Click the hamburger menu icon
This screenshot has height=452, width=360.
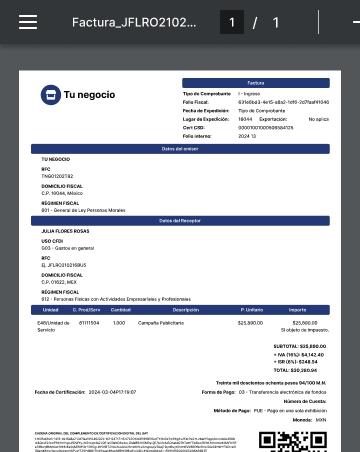(x=28, y=22)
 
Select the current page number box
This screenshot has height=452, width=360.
(x=232, y=22)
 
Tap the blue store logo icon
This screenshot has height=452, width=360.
(x=50, y=95)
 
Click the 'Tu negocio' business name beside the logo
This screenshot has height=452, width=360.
(x=89, y=95)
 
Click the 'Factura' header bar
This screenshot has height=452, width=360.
(x=255, y=82)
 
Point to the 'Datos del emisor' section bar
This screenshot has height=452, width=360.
(x=180, y=148)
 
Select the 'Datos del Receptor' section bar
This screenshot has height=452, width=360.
(x=180, y=220)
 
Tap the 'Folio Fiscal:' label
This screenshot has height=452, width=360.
(x=196, y=102)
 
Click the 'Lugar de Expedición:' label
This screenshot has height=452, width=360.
(x=205, y=118)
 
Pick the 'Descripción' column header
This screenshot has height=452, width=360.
(x=186, y=310)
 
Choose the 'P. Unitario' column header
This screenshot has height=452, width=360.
(x=250, y=310)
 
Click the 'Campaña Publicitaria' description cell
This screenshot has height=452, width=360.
(x=158, y=323)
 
